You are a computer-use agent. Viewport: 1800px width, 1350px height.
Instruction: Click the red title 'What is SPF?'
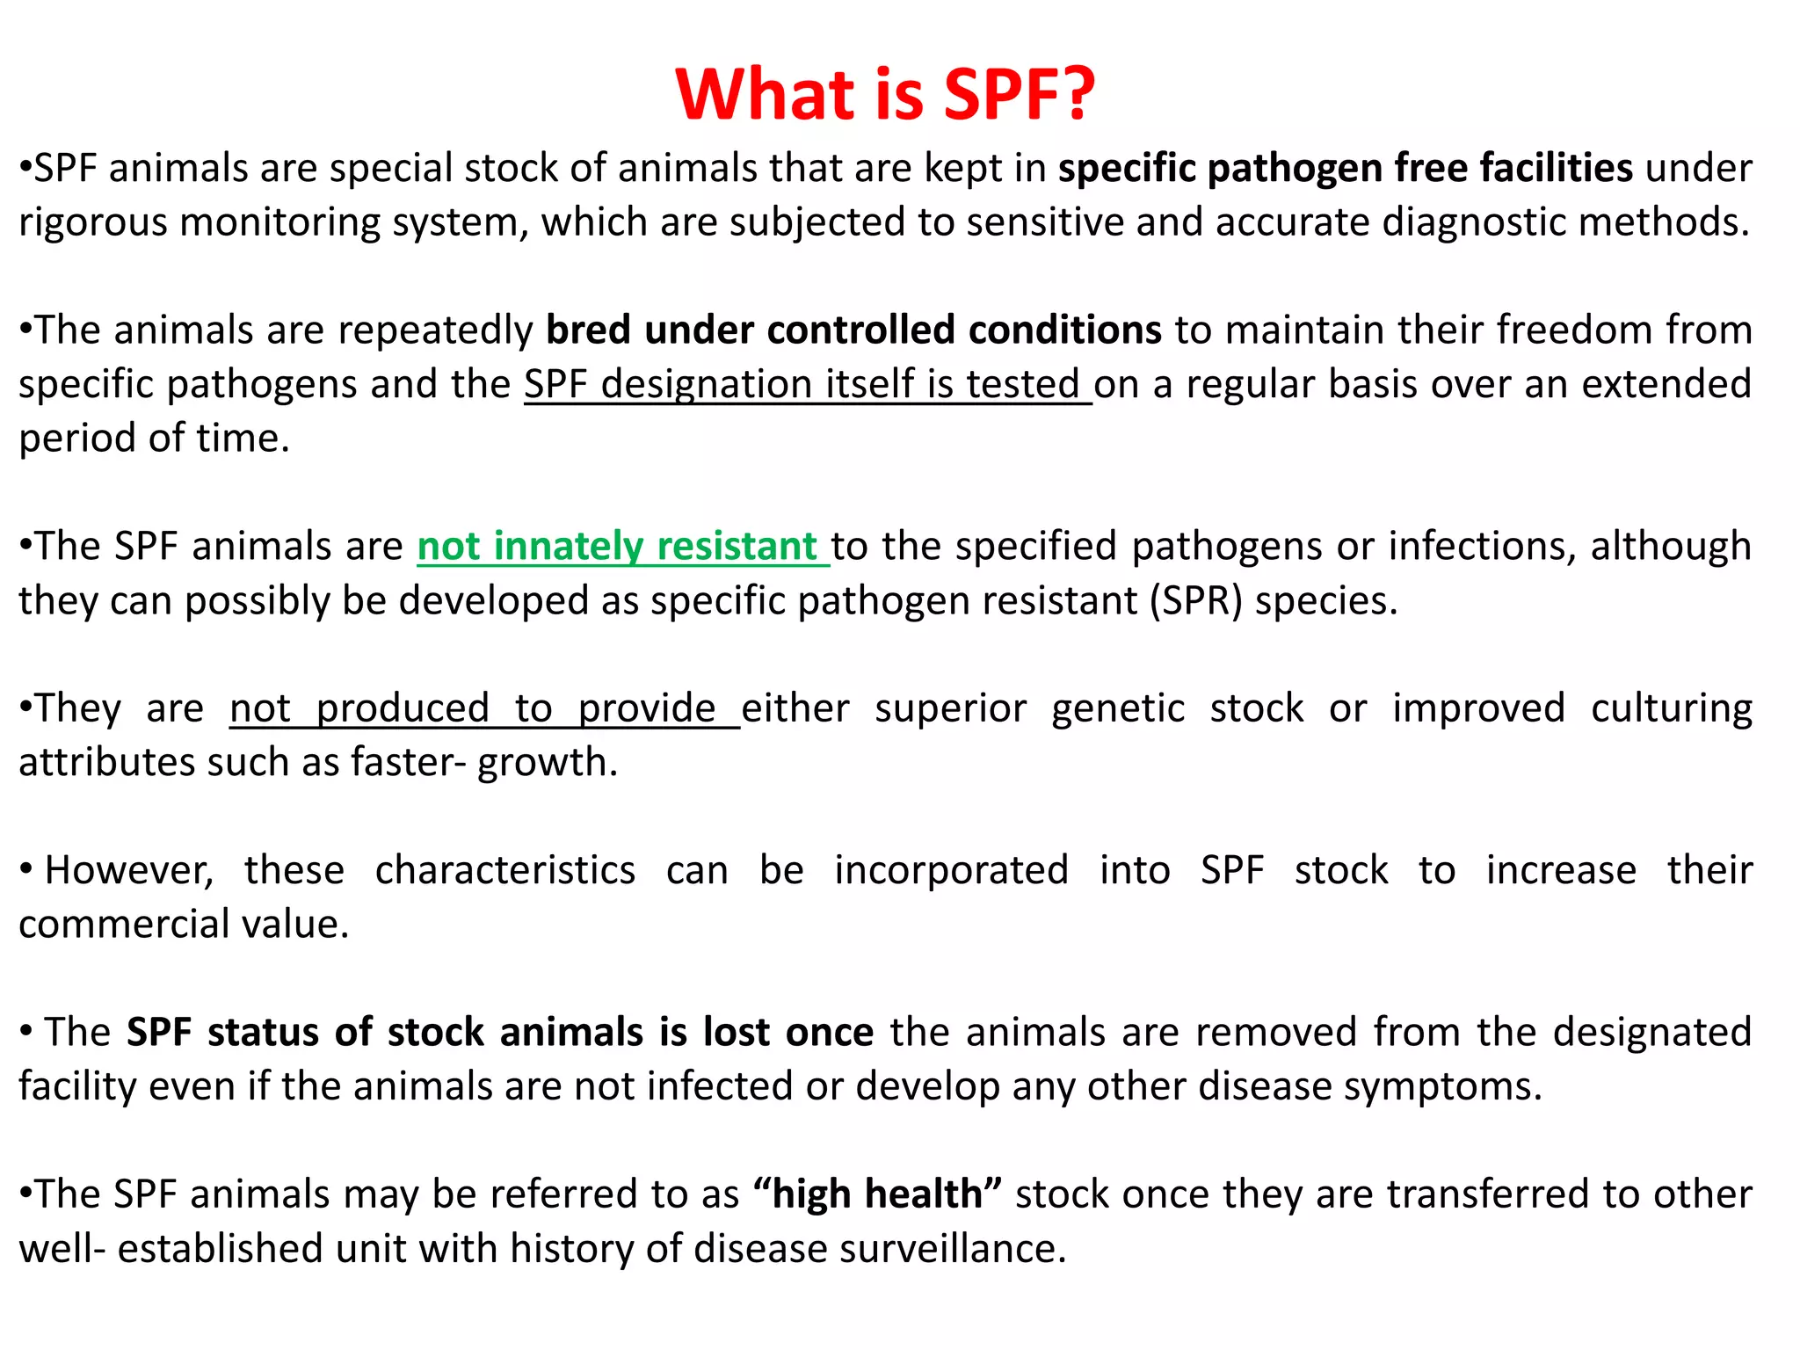point(885,94)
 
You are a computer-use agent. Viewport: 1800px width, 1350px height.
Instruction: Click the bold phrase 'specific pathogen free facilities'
point(1345,168)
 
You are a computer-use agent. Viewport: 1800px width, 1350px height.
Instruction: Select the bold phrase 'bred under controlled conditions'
point(853,330)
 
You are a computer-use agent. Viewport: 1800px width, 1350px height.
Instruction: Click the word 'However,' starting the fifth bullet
point(129,871)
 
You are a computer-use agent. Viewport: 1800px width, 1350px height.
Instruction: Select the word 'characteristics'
point(505,871)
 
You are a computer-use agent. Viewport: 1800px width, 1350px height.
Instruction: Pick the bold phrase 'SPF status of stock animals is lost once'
point(500,1033)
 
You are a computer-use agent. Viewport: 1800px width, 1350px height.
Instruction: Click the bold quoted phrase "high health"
point(878,1194)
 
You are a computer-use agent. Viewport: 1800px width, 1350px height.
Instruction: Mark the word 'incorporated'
point(951,871)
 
